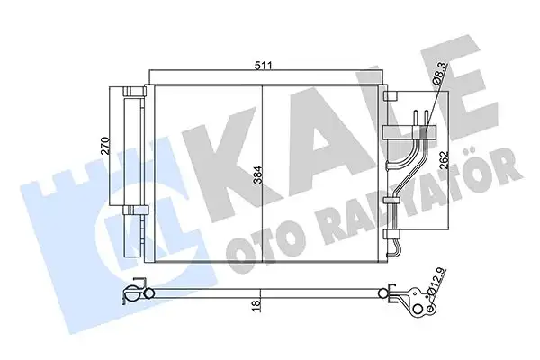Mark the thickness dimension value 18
(x=258, y=306)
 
